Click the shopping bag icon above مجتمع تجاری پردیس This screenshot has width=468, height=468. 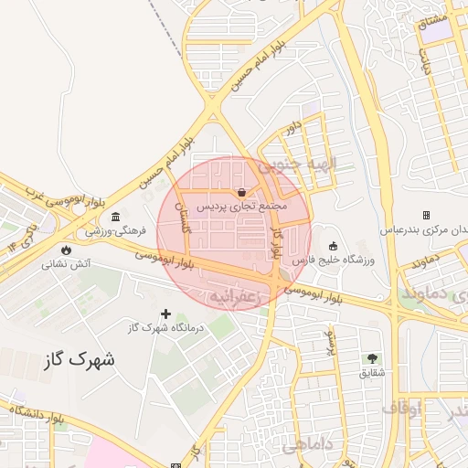(240, 193)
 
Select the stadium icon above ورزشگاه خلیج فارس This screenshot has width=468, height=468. (333, 245)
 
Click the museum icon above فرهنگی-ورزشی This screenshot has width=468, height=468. (115, 217)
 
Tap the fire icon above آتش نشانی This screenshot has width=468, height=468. (66, 250)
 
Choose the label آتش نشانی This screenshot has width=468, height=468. (65, 264)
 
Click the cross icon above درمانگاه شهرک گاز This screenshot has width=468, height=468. (165, 314)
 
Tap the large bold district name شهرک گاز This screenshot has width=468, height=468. (80, 359)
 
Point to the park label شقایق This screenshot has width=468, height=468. (372, 372)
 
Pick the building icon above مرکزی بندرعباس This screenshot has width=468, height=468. (426, 214)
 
